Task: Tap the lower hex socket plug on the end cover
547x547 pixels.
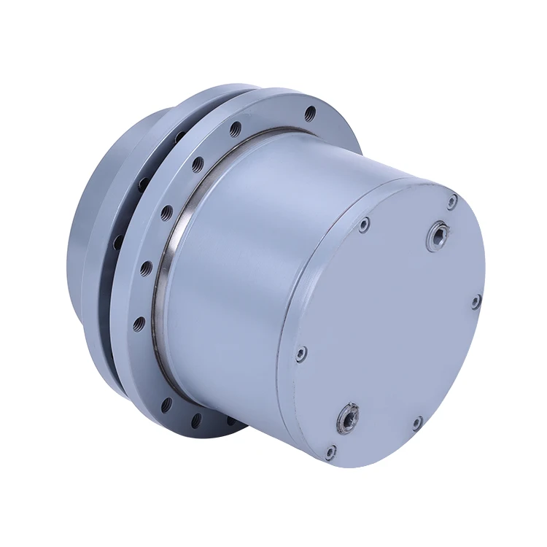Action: coord(345,418)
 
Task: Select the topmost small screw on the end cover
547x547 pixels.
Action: coord(453,198)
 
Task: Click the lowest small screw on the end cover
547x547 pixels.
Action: coord(330,451)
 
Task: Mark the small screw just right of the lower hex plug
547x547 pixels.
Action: coord(416,422)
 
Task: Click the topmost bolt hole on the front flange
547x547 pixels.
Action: coord(311,113)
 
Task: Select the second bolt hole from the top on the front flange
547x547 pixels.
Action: coord(235,129)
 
